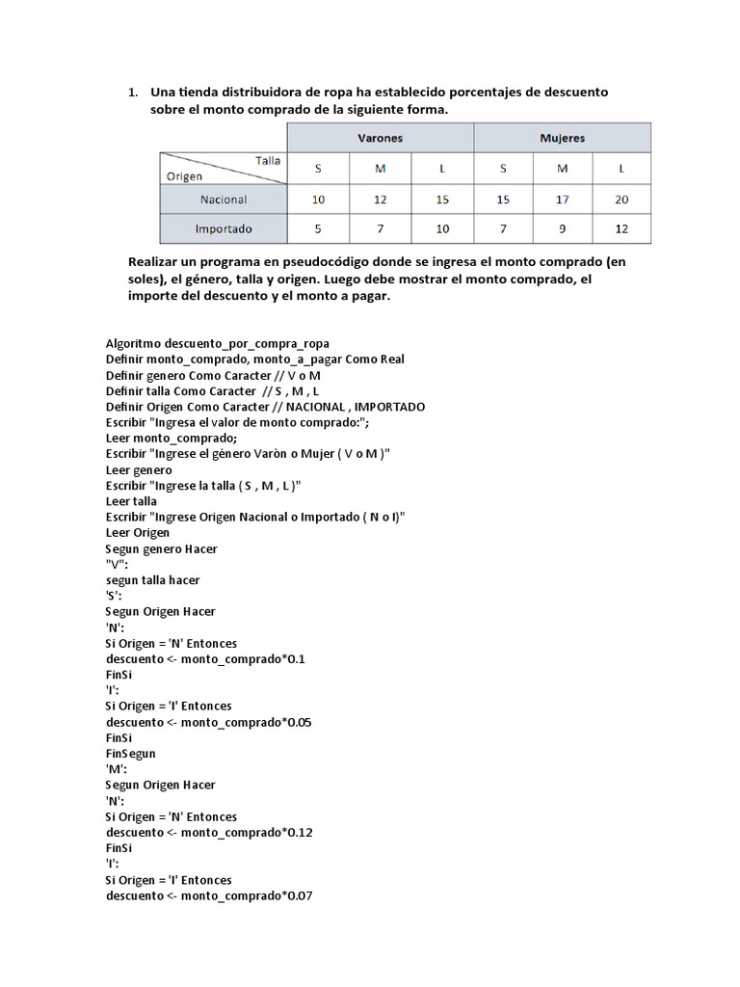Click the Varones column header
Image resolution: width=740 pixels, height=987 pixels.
click(381, 138)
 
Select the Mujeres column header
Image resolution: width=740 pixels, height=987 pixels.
click(562, 138)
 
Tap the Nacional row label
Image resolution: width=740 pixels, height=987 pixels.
click(224, 200)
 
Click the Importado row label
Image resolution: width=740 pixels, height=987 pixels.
click(224, 229)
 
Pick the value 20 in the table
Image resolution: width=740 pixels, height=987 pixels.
click(621, 200)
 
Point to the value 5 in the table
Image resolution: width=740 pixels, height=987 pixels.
click(319, 229)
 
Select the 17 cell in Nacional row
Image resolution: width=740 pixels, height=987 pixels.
click(562, 200)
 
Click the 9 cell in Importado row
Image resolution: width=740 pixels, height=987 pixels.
click(562, 229)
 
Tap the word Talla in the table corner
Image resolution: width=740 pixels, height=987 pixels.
click(268, 161)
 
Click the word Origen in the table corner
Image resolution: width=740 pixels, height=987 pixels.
click(184, 176)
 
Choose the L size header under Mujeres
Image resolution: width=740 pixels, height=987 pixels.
click(621, 169)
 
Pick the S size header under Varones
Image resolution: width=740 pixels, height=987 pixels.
click(319, 169)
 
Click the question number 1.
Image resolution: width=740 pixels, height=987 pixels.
click(132, 93)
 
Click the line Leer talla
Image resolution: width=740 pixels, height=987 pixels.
click(131, 501)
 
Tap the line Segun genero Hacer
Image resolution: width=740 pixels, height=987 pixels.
click(161, 548)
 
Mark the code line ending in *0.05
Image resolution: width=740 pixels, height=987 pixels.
click(208, 722)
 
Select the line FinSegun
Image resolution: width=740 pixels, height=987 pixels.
click(130, 753)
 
